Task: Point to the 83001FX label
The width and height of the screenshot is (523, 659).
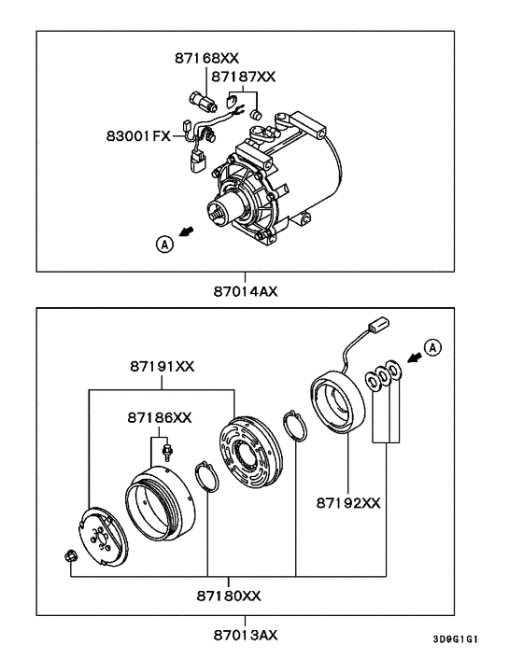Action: tap(136, 135)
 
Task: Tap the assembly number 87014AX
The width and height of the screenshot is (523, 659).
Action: tap(246, 290)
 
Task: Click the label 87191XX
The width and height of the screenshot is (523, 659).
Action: tap(162, 367)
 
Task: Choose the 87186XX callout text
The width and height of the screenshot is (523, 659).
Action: tap(160, 417)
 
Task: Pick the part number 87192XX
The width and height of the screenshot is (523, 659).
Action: tap(346, 502)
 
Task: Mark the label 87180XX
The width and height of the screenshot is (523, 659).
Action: tap(229, 595)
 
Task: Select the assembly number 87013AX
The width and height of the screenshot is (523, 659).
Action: tap(245, 635)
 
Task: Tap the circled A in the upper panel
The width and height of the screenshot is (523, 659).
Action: tap(164, 244)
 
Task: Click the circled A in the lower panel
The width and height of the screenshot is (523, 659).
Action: tap(431, 347)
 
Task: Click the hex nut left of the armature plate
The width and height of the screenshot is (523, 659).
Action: tap(71, 557)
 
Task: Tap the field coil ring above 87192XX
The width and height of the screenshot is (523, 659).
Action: tap(333, 405)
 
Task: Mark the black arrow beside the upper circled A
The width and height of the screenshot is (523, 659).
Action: tap(189, 231)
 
